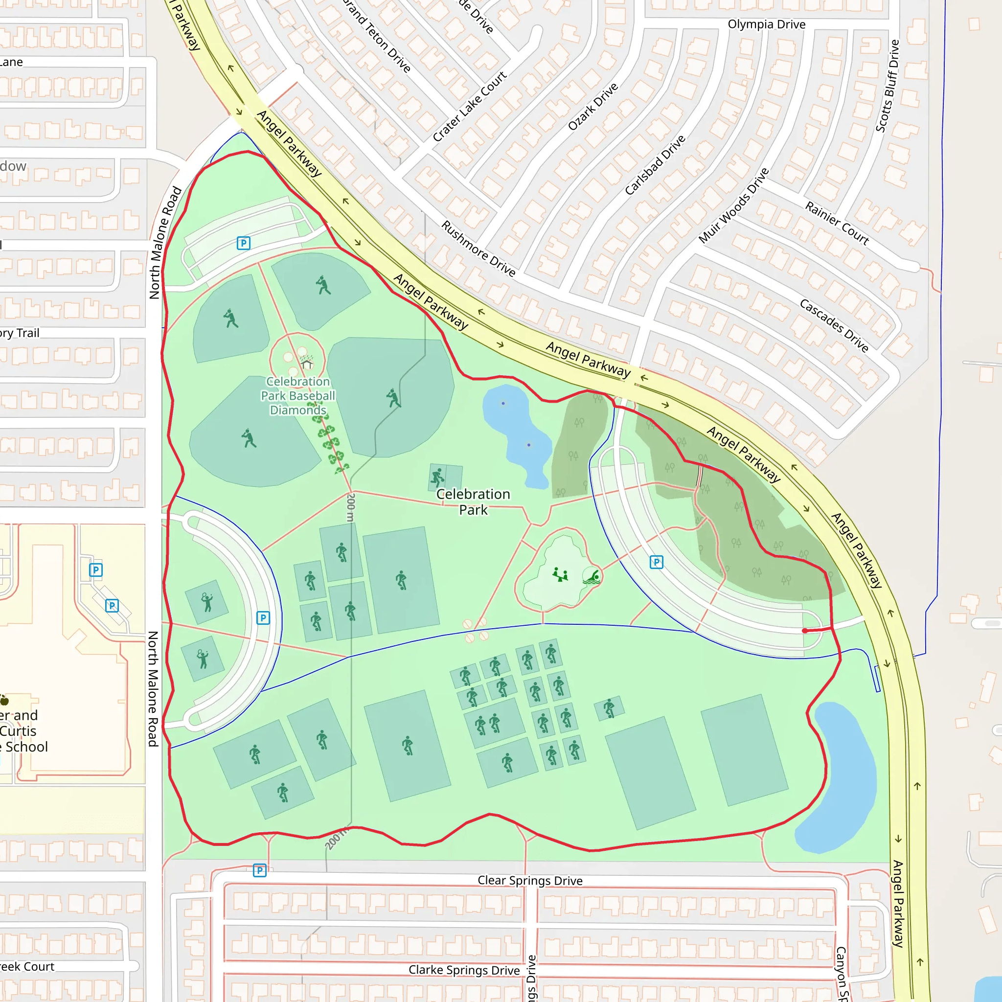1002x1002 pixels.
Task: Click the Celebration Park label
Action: tap(473, 501)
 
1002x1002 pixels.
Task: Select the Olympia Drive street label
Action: tap(766, 24)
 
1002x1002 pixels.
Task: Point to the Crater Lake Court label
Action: tap(469, 106)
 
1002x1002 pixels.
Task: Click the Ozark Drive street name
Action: tap(593, 106)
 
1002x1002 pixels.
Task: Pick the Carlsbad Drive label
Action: tap(655, 165)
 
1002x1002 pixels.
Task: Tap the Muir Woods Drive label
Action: tap(733, 205)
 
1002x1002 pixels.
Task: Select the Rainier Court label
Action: tap(837, 223)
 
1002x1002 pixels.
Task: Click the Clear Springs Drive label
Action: tap(529, 880)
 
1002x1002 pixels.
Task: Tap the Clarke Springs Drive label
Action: tap(464, 970)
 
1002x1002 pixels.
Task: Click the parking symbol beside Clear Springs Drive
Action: tap(260, 870)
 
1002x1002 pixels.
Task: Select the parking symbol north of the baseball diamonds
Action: tap(243, 243)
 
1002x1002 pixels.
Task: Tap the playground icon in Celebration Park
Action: tap(560, 575)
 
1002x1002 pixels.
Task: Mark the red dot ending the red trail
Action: tap(804, 631)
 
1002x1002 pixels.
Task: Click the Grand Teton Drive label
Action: tap(377, 36)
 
